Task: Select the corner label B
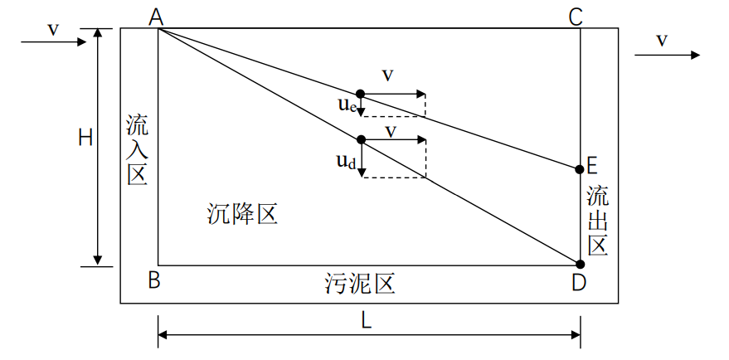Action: [x=154, y=281]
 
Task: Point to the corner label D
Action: [x=579, y=283]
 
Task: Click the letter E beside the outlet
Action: [x=593, y=166]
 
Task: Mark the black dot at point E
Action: [x=580, y=169]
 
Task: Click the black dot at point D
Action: [x=580, y=265]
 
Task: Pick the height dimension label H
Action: [x=85, y=138]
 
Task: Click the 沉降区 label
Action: [x=242, y=215]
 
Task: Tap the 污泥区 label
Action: [x=358, y=284]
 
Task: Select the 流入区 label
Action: [x=137, y=150]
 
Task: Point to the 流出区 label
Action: [x=598, y=221]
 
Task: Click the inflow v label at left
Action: [x=53, y=29]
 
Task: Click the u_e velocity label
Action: [x=347, y=105]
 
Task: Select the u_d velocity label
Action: [x=347, y=161]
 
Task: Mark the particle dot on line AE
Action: [x=360, y=95]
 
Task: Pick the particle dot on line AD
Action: [x=360, y=139]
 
